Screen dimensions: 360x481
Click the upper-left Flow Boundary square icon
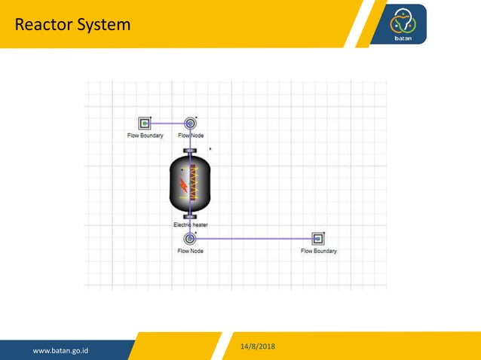(x=144, y=123)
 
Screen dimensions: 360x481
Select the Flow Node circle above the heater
(x=190, y=123)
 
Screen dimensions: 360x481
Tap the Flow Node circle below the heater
(x=190, y=238)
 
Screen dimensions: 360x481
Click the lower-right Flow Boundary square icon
(x=318, y=239)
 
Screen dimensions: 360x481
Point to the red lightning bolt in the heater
(x=182, y=185)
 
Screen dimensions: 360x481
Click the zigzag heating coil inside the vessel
(x=193, y=184)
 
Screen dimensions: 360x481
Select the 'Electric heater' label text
(x=191, y=224)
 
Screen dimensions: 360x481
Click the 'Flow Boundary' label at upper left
(x=145, y=136)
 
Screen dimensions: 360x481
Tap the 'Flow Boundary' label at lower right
(x=319, y=251)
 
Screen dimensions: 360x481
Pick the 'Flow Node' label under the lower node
(x=190, y=251)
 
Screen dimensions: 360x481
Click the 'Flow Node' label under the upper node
(x=191, y=136)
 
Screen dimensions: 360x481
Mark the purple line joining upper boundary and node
(x=167, y=123)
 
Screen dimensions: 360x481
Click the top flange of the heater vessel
(x=190, y=151)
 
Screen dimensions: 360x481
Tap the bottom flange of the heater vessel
(x=190, y=216)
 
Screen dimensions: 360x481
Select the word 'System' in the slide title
(x=104, y=25)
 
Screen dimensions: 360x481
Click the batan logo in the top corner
(x=408, y=24)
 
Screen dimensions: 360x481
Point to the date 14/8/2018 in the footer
(x=258, y=346)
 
